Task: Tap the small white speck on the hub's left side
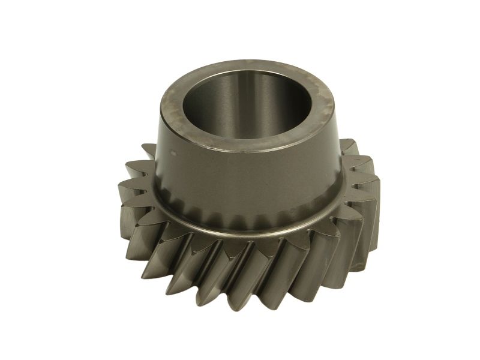tap(174, 152)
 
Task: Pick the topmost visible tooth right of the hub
tap(348, 146)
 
